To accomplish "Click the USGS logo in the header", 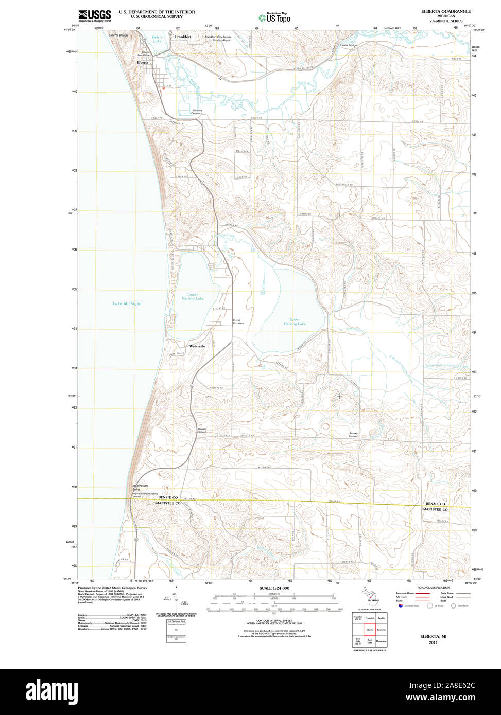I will [x=94, y=15].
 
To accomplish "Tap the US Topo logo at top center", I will [x=274, y=17].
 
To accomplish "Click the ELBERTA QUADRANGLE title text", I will [x=445, y=11].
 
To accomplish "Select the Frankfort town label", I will [x=183, y=37].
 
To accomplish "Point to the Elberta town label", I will [x=143, y=62].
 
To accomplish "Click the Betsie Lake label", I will [x=157, y=39].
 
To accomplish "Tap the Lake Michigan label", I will [x=127, y=303].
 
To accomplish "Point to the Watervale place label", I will [x=197, y=346].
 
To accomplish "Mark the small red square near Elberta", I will [x=163, y=88].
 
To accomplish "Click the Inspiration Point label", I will [x=140, y=487].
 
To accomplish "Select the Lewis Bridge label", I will [x=348, y=45].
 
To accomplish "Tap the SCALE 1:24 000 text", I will [x=274, y=588].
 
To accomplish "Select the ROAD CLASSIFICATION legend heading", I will [x=433, y=587].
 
